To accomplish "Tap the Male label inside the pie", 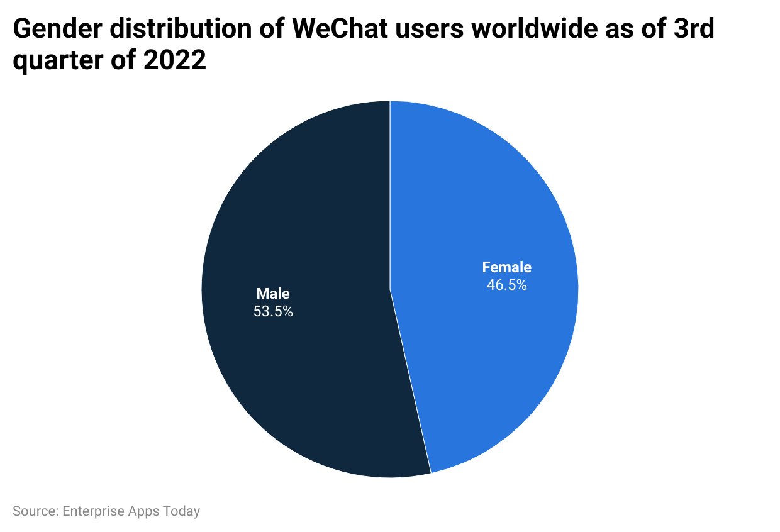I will pyautogui.click(x=273, y=293).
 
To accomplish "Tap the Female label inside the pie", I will pyautogui.click(x=506, y=267).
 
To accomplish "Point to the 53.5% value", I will pyautogui.click(x=273, y=311).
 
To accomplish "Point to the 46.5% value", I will pyautogui.click(x=506, y=285).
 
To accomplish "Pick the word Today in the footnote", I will pyautogui.click(x=181, y=511).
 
